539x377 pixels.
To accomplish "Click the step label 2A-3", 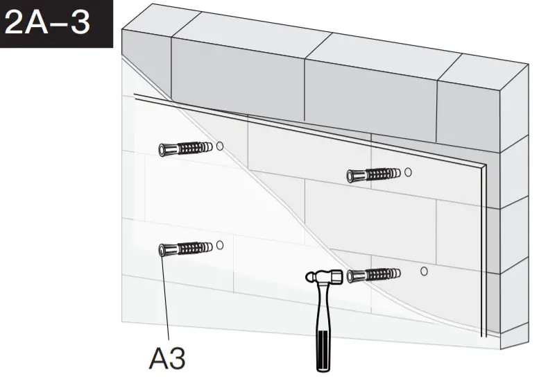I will [49, 22].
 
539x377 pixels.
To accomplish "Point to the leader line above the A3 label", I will [166, 299].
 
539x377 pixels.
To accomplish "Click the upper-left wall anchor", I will [184, 149].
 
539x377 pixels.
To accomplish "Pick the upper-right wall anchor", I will [373, 175].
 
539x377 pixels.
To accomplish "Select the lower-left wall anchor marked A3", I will [184, 248].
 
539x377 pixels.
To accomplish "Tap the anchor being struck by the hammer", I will [373, 275].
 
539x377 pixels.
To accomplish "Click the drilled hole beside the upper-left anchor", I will [219, 146].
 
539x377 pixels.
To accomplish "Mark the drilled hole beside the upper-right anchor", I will [408, 171].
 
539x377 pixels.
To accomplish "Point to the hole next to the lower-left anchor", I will [219, 245].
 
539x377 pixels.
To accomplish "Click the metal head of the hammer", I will [323, 277].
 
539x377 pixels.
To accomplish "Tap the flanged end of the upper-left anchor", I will [163, 149].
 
